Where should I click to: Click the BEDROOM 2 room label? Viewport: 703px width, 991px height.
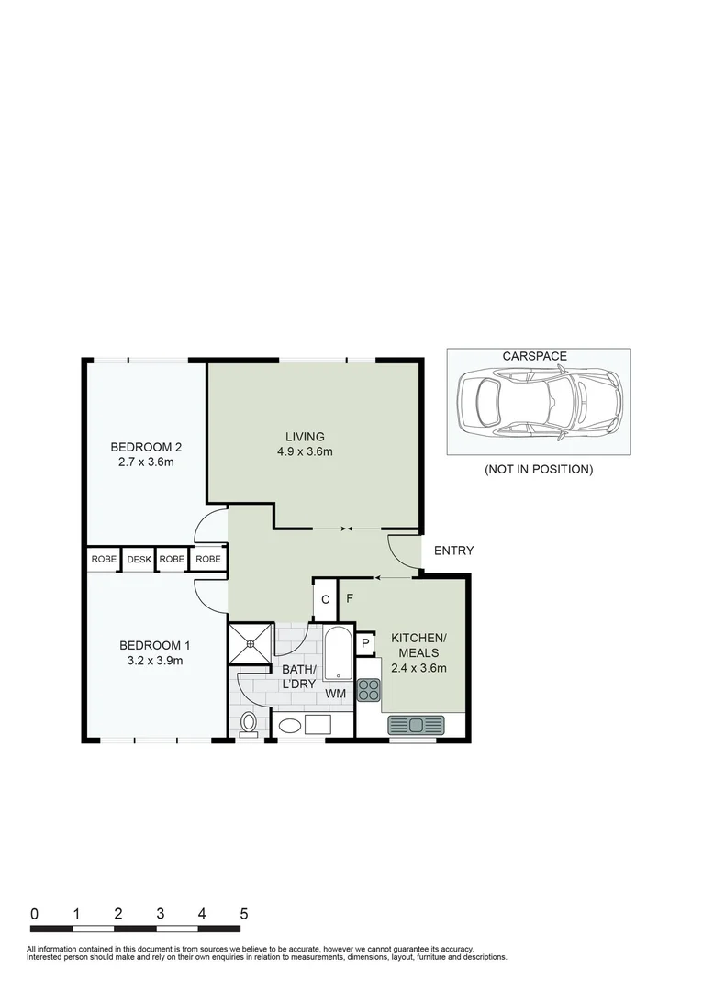[x=146, y=447]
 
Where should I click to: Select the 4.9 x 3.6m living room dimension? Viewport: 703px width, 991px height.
[x=306, y=451]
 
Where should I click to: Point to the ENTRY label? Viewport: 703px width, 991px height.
[x=453, y=551]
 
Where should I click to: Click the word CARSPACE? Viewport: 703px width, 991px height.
[x=534, y=356]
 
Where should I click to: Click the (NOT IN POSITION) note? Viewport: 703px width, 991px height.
[x=539, y=470]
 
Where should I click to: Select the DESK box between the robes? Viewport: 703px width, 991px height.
[x=139, y=559]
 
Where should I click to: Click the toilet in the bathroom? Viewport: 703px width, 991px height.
[x=249, y=724]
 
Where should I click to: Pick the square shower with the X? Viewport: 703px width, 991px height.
[x=251, y=642]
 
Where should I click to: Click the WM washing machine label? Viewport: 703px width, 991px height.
[x=336, y=695]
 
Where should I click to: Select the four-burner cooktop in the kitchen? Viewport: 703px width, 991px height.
[x=368, y=690]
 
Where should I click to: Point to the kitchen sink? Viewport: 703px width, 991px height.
[x=416, y=725]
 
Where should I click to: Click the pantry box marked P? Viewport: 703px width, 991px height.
[x=365, y=644]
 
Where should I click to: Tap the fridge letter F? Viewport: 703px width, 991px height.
[x=350, y=599]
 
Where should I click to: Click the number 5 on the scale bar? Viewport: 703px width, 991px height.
[x=243, y=914]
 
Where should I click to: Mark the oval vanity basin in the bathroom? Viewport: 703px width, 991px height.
[x=289, y=726]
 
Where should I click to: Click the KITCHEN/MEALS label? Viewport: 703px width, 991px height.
[x=418, y=652]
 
